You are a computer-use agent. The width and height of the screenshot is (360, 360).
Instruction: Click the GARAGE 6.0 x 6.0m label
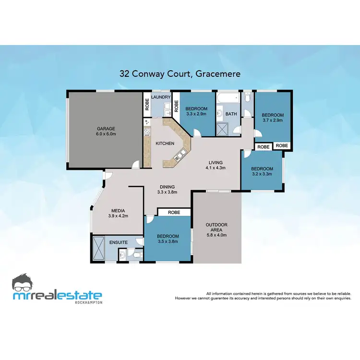coord(105,132)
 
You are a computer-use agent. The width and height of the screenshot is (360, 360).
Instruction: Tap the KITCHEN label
coord(164,143)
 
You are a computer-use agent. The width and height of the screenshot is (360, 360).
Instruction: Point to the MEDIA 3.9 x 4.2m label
coord(118,213)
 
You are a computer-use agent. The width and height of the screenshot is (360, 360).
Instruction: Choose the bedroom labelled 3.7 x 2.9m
coord(273,118)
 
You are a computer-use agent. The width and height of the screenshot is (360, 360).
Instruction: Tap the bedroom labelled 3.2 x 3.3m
coord(262,171)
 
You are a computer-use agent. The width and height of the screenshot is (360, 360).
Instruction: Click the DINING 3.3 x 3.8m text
coord(168,189)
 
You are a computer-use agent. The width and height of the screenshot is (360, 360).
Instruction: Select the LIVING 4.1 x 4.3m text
coord(215,165)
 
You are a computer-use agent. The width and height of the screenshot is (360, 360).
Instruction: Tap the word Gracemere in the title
coord(216,74)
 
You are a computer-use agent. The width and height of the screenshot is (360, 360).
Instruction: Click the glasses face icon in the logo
coord(24,284)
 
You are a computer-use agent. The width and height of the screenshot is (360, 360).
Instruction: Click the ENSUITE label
coord(118,242)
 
